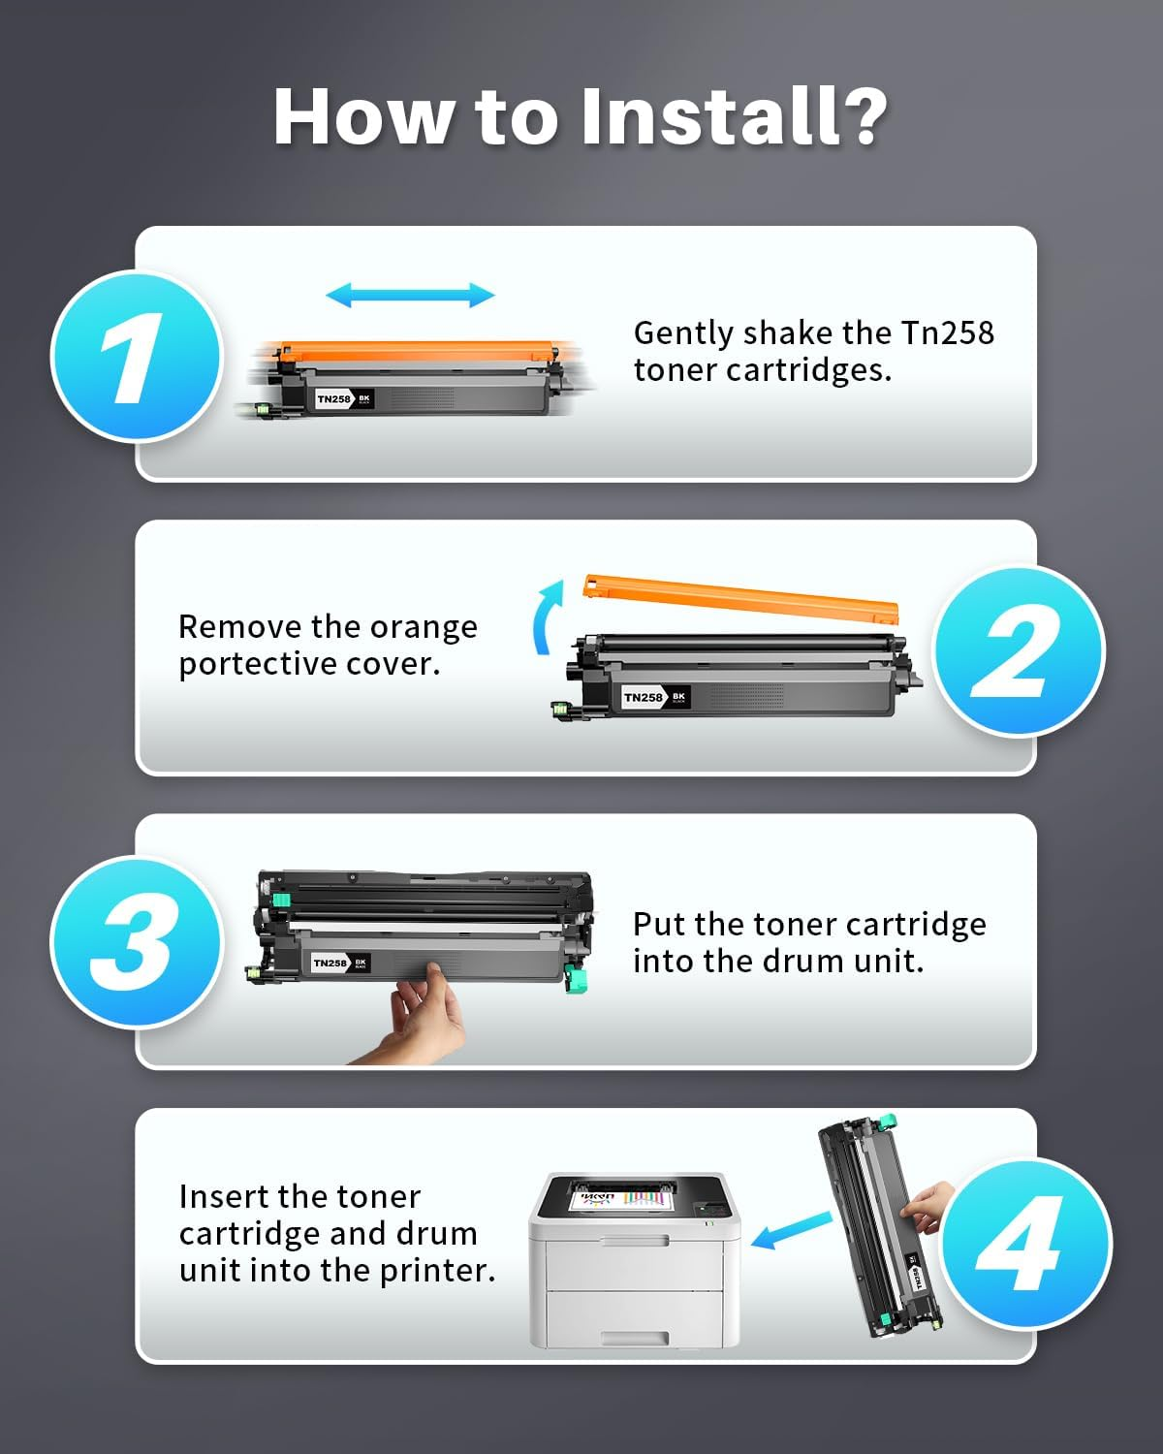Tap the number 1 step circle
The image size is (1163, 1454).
[x=137, y=357]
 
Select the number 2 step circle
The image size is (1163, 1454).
[x=1018, y=650]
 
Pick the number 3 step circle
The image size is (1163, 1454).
[x=137, y=942]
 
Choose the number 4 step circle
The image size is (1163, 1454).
[x=1025, y=1244]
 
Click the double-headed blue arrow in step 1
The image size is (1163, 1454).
[x=410, y=295]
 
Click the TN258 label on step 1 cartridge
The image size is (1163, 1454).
[x=334, y=399]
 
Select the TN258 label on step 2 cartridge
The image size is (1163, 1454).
[x=644, y=697]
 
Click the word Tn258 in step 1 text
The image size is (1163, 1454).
[x=947, y=332]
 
